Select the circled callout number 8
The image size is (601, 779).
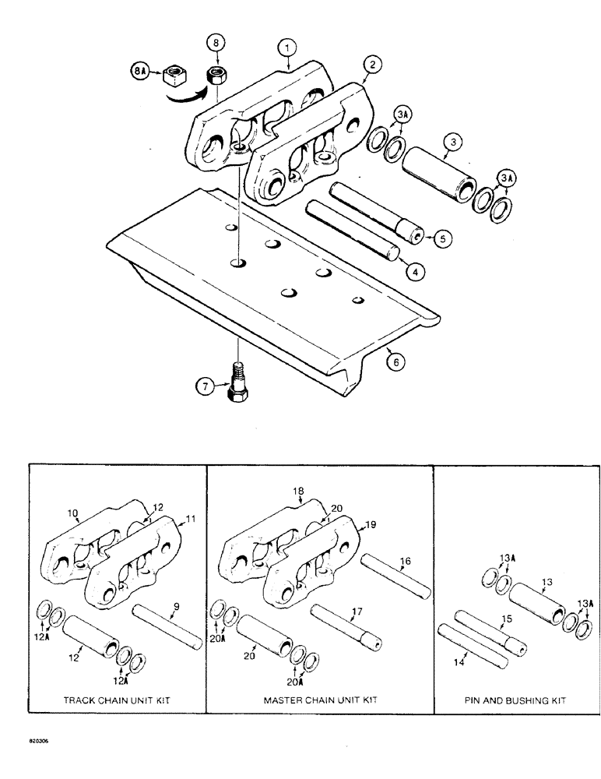point(217,42)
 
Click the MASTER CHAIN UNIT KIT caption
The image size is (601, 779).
point(320,700)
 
